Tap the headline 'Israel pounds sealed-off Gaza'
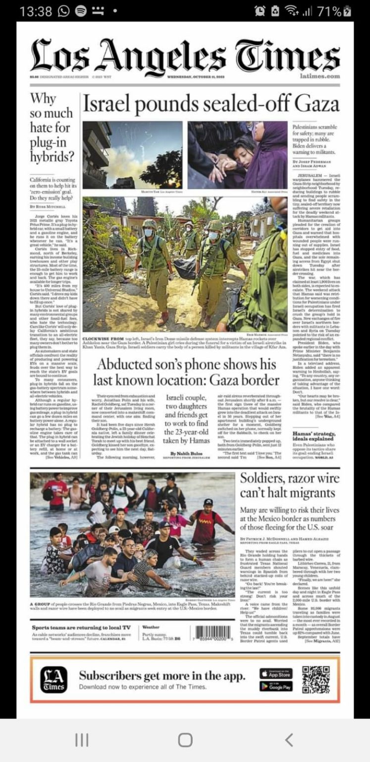tap(211, 104)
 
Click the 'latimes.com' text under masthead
tap(320, 76)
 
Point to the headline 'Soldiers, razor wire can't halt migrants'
tap(289, 485)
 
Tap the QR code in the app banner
tap(316, 680)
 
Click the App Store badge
tap(276, 674)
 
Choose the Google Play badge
tap(276, 687)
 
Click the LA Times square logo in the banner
tap(53, 680)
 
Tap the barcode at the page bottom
tap(213, 633)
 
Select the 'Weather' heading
tap(151, 627)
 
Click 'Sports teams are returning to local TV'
tap(81, 628)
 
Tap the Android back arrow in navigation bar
tap(289, 740)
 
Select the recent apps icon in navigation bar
tap(82, 740)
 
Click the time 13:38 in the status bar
tap(36, 11)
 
